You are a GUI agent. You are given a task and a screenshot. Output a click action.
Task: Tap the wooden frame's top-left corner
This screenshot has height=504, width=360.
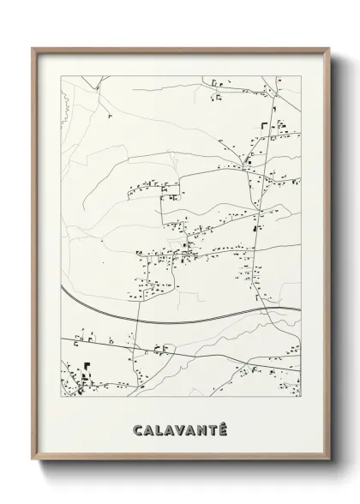click(33, 49)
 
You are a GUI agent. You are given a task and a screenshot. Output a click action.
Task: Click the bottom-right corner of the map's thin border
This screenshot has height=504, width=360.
click(300, 399)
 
